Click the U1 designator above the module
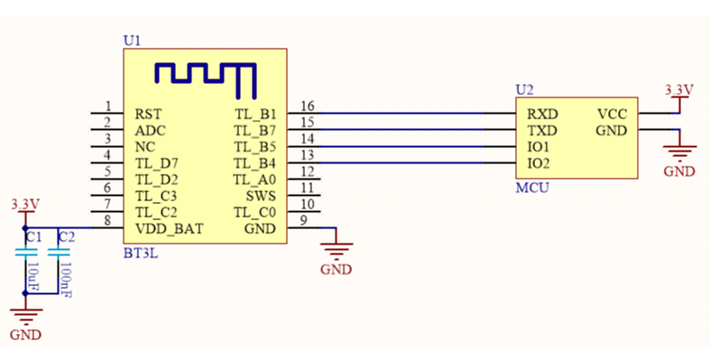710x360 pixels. pos(132,42)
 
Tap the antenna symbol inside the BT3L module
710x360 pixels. pos(205,78)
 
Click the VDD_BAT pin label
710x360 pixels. pos(169,228)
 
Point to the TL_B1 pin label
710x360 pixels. pos(255,115)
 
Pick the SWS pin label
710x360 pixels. pos(261,196)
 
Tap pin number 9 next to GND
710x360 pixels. pos(304,221)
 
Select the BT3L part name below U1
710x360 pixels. pos(139,254)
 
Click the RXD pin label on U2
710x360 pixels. pos(541,115)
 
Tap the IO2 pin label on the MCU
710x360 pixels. pos(539,163)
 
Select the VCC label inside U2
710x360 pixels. pos(612,115)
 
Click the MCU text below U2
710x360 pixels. pos(531,189)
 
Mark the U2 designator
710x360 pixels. pos(524,89)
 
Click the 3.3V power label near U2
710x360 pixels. pos(678,90)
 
